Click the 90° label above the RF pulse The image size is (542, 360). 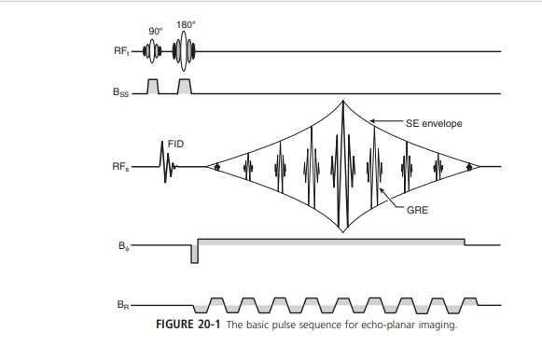tap(155, 32)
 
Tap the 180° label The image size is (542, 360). tap(186, 26)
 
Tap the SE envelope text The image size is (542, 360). tap(435, 122)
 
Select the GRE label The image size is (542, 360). tap(416, 212)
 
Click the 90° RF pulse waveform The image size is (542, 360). tap(155, 51)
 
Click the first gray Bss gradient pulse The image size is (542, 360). tap(154, 86)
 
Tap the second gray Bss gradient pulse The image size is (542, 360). tap(185, 86)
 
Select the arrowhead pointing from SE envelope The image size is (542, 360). tap(373, 120)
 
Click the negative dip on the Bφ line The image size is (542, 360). tap(194, 254)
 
